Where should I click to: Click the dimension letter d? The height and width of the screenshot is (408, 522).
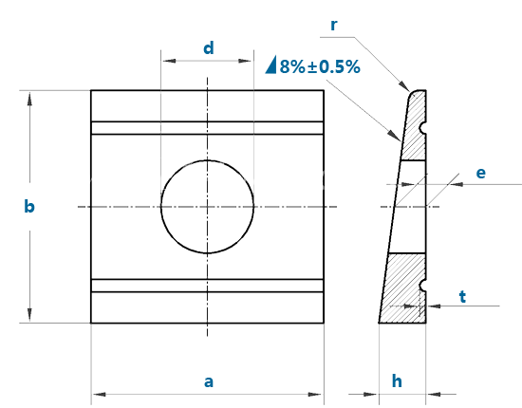click(x=209, y=48)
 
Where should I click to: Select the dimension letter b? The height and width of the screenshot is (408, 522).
click(x=29, y=206)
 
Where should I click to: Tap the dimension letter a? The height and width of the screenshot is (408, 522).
click(x=209, y=381)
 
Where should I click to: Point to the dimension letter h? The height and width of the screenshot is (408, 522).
click(x=397, y=380)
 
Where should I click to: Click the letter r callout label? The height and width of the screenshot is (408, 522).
click(x=333, y=26)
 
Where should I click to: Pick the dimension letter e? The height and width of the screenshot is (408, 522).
click(x=481, y=173)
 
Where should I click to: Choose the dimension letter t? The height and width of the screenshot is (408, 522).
click(x=462, y=296)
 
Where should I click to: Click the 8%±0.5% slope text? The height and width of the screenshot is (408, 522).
click(x=320, y=66)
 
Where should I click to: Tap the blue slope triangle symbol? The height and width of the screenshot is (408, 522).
click(x=271, y=65)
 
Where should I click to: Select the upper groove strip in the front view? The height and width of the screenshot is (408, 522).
click(x=208, y=128)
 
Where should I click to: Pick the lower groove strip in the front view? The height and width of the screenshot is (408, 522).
click(x=208, y=286)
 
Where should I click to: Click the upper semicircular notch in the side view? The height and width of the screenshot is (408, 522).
click(x=422, y=128)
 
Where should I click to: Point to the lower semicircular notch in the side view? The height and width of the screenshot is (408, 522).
click(x=422, y=286)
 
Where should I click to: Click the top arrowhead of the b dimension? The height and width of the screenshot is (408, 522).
click(x=29, y=99)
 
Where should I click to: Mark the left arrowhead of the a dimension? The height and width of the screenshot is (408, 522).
click(x=100, y=395)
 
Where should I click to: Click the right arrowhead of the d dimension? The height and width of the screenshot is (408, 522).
click(x=245, y=61)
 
